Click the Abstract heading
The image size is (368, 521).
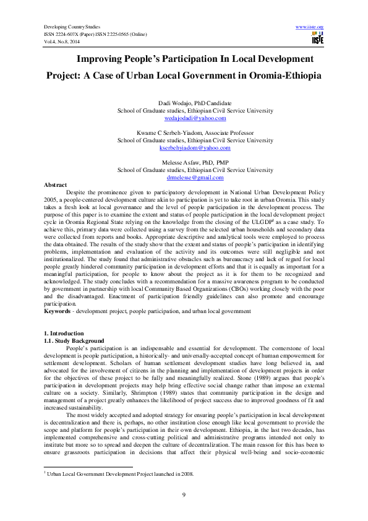coord(55,185)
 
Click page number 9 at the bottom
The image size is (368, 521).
coord(184,494)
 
